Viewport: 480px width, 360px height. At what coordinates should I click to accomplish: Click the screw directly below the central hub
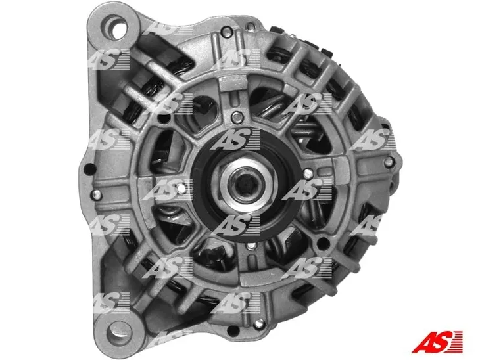(x=252, y=246)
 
